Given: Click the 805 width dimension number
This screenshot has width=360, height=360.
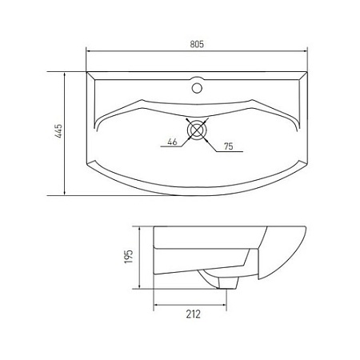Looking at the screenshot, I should click(196, 45).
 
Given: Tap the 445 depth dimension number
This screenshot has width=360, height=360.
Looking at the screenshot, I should click(58, 133).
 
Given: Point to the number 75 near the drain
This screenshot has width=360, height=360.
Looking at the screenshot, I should click(227, 146).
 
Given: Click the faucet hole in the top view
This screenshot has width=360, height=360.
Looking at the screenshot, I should click(196, 83).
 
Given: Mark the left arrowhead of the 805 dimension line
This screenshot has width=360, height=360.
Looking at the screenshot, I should click(88, 53).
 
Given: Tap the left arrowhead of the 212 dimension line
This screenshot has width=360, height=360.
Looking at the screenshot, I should click(155, 305).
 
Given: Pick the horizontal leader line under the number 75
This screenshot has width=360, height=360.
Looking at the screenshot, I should click(225, 152).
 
